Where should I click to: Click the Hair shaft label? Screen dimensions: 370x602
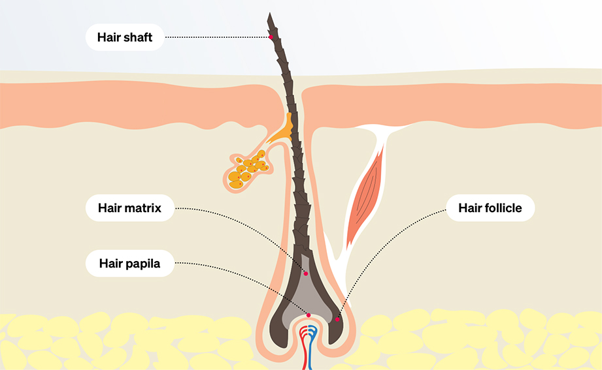click(x=124, y=37)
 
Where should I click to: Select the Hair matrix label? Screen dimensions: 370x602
click(x=129, y=209)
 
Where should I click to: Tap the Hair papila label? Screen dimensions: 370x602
click(x=129, y=264)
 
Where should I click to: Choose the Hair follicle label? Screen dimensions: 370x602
click(x=490, y=209)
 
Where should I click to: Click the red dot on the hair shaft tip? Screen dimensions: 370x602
click(x=271, y=37)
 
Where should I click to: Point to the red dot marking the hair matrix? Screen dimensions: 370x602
click(x=305, y=273)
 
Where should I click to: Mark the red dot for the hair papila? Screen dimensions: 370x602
click(x=309, y=315)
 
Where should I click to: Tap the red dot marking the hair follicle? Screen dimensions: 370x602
click(x=337, y=319)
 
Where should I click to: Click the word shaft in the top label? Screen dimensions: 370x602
click(x=138, y=37)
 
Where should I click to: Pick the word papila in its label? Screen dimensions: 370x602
click(x=144, y=264)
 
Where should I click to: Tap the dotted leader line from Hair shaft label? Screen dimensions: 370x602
click(x=216, y=37)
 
